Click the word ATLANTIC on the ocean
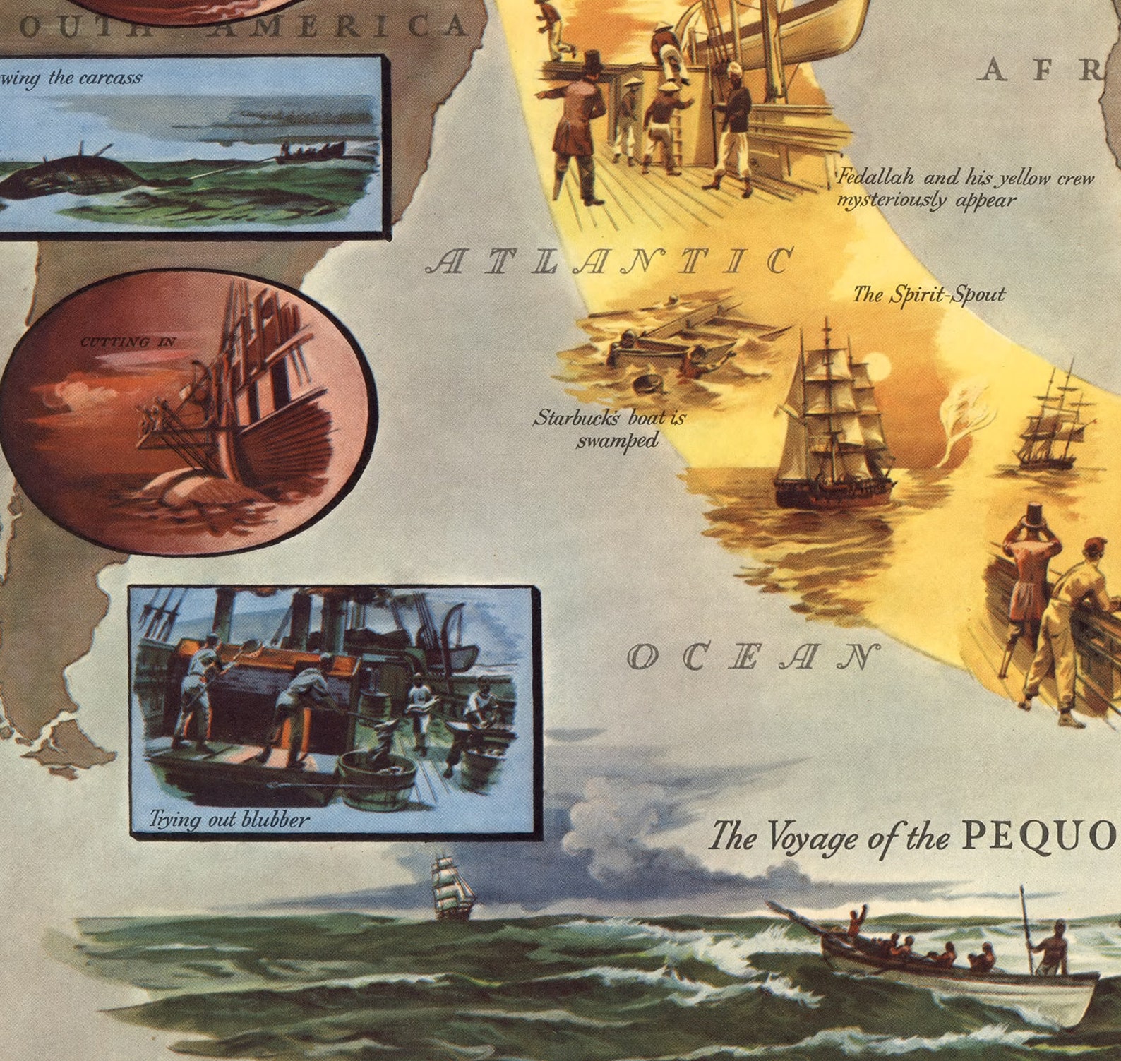click(x=611, y=262)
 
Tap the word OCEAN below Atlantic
click(x=753, y=657)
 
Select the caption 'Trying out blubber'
click(x=229, y=819)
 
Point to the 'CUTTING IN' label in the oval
click(x=128, y=342)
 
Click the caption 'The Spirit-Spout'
click(x=928, y=294)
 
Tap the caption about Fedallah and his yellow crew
click(x=964, y=188)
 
